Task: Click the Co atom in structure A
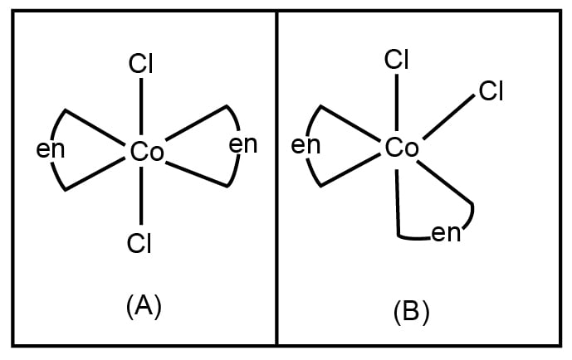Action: tap(147, 152)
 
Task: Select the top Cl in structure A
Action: tap(141, 63)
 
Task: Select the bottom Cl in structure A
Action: tap(139, 242)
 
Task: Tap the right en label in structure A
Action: tap(242, 144)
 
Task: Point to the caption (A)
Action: tap(143, 306)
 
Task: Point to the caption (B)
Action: tap(411, 311)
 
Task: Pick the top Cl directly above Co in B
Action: tap(396, 60)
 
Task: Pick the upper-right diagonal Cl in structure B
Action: tap(491, 90)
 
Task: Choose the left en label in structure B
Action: tap(306, 145)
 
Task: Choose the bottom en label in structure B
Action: tap(447, 234)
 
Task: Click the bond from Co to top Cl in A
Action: tap(141, 107)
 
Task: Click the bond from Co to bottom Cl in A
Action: tap(141, 197)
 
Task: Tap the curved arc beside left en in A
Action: tap(55, 129)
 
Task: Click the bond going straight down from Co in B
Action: tap(398, 199)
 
